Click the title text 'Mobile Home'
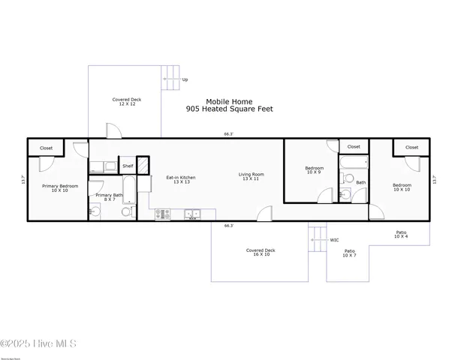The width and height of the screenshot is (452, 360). [x=230, y=101]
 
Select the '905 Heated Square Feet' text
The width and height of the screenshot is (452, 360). [x=230, y=109]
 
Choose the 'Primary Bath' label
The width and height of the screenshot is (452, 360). [x=104, y=196]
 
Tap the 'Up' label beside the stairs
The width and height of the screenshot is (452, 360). [x=185, y=79]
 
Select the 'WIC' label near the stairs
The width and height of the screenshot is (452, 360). [x=334, y=240]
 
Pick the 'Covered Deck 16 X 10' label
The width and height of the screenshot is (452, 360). [x=261, y=253]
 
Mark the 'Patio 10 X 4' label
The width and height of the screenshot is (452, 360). [x=402, y=235]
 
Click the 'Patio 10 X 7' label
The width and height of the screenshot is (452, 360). [x=350, y=253]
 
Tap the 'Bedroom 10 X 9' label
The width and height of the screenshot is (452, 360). [x=314, y=169]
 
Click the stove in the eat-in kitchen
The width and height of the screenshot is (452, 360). [x=163, y=214]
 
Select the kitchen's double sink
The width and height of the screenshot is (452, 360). [x=193, y=214]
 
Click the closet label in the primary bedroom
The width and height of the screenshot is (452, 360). [x=46, y=148]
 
